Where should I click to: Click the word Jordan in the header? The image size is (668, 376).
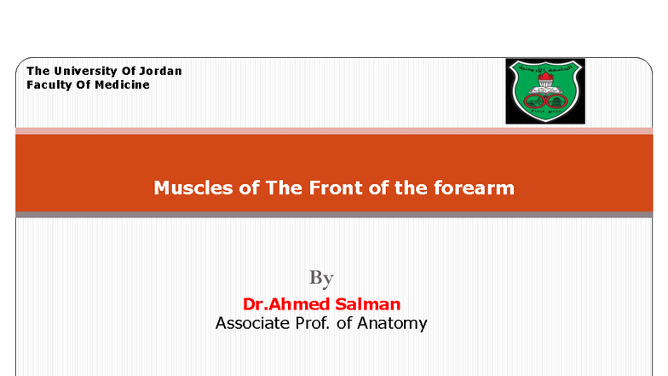tap(159, 71)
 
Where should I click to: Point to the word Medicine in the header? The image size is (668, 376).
tap(123, 84)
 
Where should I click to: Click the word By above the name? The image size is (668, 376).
tap(321, 278)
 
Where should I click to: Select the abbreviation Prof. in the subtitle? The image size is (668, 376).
tap(316, 323)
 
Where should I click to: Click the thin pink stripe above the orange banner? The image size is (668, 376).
tap(334, 130)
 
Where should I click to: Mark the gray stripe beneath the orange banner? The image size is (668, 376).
tap(334, 214)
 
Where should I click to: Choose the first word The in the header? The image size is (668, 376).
tap(38, 71)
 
